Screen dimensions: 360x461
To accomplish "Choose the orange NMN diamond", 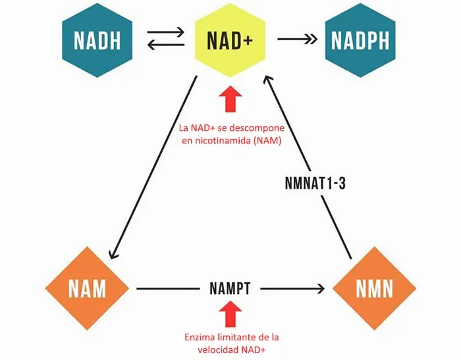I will pyautogui.click(x=374, y=288).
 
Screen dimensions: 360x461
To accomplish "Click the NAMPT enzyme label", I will pyautogui.click(x=230, y=288).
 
